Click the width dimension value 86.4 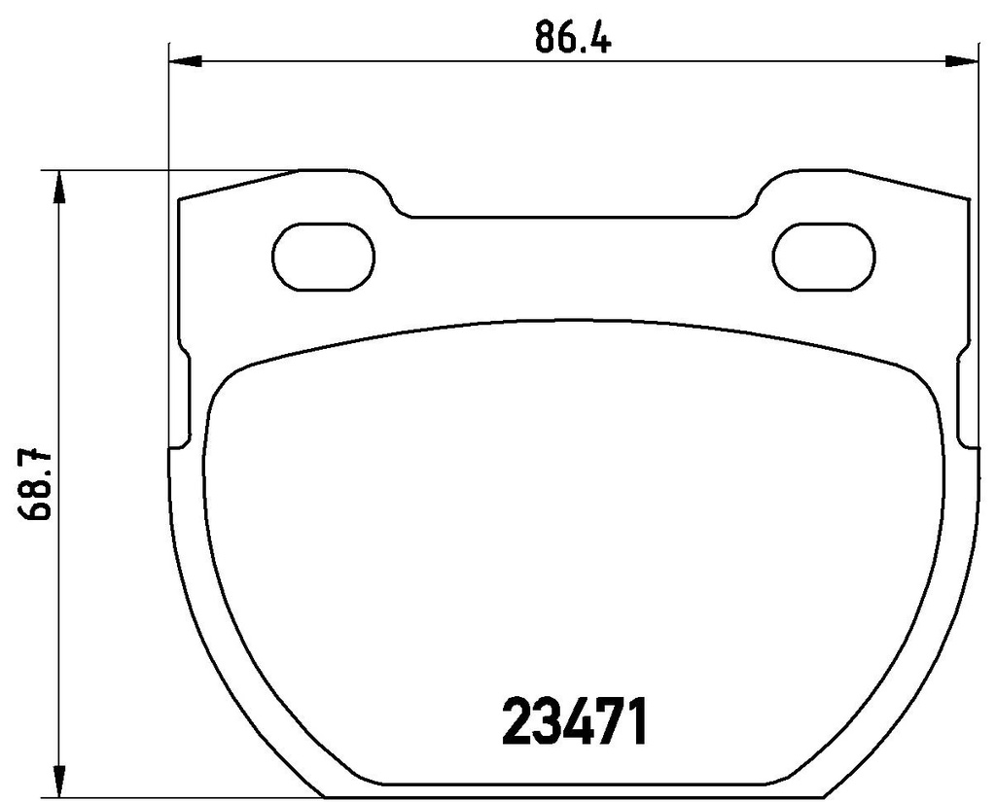coord(571,41)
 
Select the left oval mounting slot coord(323,257)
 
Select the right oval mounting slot coord(824,257)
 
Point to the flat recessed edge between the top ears coord(574,217)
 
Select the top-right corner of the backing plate coord(968,199)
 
